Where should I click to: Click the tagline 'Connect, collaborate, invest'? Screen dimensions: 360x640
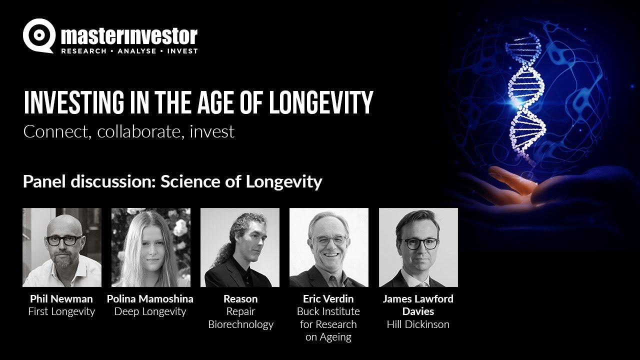pos(128,132)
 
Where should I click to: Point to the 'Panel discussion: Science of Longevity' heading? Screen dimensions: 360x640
pos(172,181)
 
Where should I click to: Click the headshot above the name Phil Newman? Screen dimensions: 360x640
pos(62,247)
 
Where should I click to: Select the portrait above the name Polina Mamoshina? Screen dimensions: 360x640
pos(151,247)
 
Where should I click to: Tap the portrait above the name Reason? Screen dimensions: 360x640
pos(240,247)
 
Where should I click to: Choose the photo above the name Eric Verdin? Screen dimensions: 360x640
pos(329,247)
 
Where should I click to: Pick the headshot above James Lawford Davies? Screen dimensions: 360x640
pos(418,247)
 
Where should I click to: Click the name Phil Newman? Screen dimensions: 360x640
pos(61,299)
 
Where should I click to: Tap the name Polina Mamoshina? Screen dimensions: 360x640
pos(150,299)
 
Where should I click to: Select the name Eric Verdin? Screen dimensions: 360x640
pos(328,299)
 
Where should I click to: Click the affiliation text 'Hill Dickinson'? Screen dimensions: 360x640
pos(418,324)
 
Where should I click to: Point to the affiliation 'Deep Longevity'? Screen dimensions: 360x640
pos(150,311)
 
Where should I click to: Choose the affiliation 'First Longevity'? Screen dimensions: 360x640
pos(61,311)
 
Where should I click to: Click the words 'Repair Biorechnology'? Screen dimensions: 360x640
pos(240,318)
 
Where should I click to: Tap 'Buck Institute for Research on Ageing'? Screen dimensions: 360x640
pos(328,324)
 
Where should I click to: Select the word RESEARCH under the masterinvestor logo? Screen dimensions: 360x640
pos(83,51)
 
